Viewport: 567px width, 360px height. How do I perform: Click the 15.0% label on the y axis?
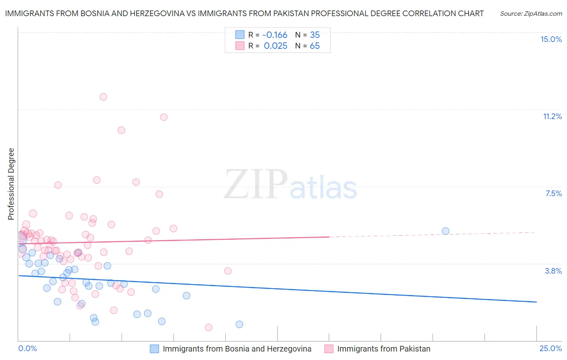pos(551,39)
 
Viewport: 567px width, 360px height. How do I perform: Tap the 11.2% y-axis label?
pos(552,116)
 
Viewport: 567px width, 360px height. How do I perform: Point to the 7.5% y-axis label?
pos(553,193)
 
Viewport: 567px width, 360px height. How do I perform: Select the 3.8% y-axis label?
pos(553,271)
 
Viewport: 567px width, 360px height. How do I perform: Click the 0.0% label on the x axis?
pos(27,348)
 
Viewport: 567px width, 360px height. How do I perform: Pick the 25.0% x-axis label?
pos(550,348)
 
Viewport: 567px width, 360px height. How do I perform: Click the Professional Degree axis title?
pos(11,184)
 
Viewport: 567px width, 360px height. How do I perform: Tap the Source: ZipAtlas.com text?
pos(531,13)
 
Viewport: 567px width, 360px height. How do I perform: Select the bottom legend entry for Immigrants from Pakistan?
pos(384,349)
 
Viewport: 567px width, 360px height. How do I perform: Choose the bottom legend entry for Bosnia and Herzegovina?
pos(237,349)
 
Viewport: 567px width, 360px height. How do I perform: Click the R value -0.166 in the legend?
pos(275,35)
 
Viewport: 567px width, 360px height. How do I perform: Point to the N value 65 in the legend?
pos(315,46)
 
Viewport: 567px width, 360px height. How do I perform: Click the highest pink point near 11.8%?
pos(103,97)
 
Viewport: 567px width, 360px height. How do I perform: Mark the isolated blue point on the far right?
pos(446,231)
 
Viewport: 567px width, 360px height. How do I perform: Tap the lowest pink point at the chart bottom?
pos(208,327)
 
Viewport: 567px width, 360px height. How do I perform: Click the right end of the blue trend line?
pos(536,302)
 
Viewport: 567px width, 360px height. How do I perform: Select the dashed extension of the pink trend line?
pos(432,234)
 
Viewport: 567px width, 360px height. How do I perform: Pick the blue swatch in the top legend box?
pos(240,35)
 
